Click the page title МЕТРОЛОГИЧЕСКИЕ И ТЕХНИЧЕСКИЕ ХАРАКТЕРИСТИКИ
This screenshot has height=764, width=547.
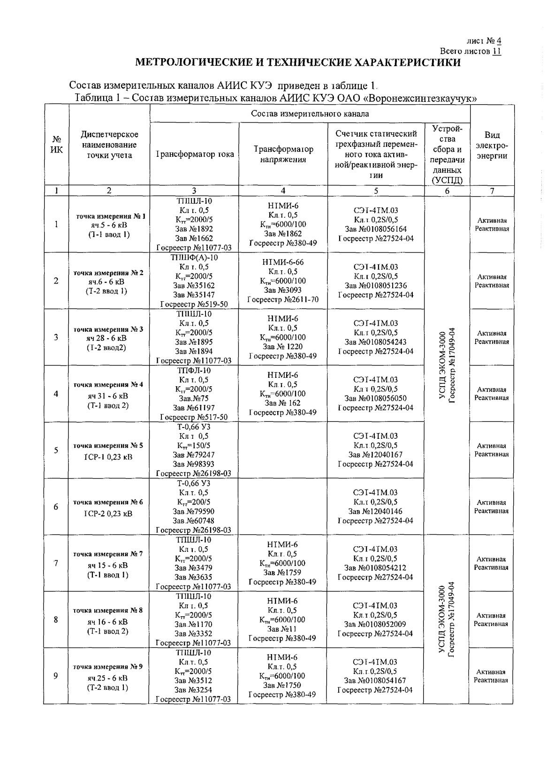298,62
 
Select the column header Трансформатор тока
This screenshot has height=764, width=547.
194,154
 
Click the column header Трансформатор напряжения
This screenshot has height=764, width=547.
283,154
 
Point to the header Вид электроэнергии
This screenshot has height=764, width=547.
492,145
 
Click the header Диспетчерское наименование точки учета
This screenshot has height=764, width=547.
109,145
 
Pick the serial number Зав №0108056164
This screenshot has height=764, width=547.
376,229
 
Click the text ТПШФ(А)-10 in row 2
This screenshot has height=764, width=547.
194,258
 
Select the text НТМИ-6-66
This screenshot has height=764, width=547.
283,262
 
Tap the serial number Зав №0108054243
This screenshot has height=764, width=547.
376,342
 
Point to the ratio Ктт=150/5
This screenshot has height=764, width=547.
194,445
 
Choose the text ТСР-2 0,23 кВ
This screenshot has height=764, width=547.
108,513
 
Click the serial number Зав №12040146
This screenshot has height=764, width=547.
375,512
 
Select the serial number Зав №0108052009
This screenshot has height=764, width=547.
375,624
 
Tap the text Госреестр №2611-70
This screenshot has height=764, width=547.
283,300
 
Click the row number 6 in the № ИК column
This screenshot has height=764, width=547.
56,507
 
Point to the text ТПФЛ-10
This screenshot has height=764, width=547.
194,370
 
